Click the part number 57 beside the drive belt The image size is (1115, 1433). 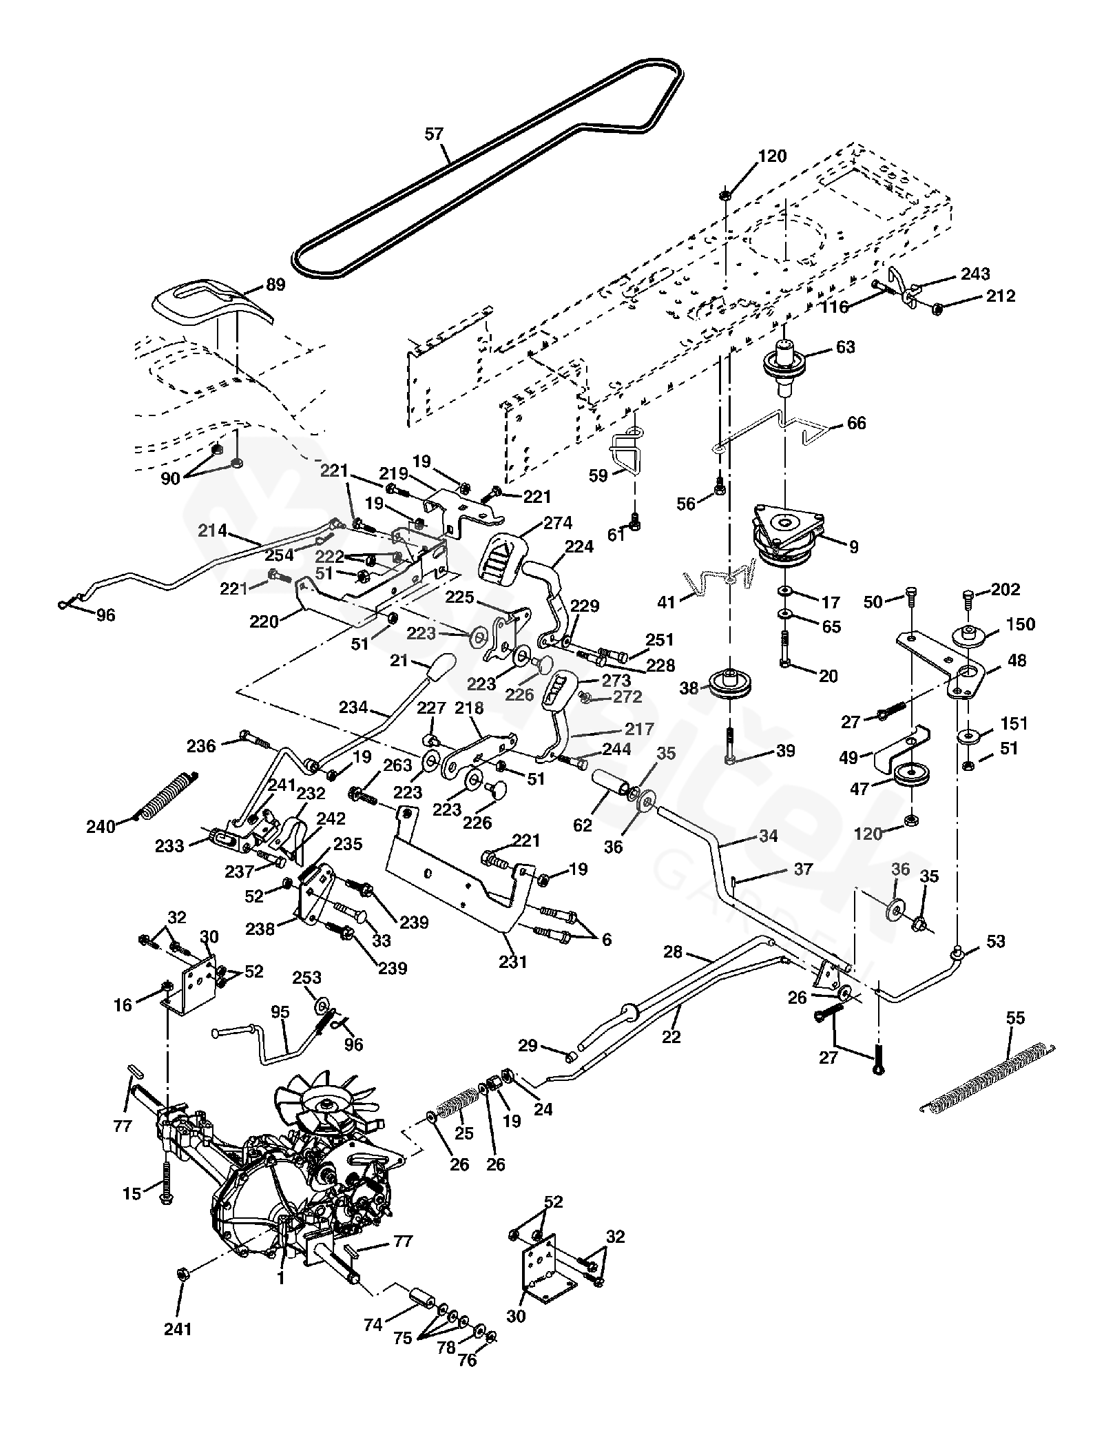pyautogui.click(x=434, y=134)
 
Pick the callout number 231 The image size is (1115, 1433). pyautogui.click(x=513, y=961)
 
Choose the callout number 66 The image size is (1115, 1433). pyautogui.click(x=856, y=422)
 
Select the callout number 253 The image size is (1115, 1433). pyautogui.click(x=307, y=978)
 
